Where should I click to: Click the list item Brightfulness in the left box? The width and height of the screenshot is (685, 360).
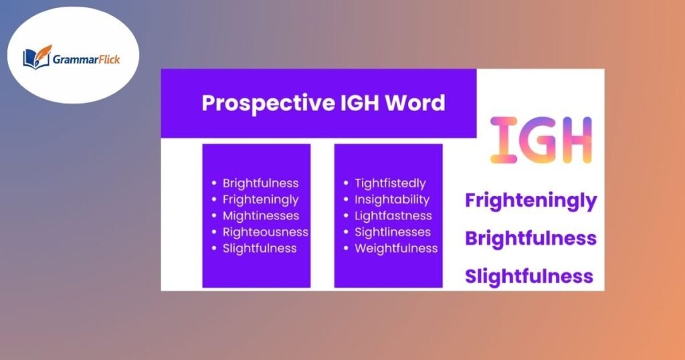pyautogui.click(x=260, y=183)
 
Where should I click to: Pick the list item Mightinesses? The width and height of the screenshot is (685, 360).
pyautogui.click(x=260, y=215)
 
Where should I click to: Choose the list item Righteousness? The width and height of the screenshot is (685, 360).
pyautogui.click(x=265, y=232)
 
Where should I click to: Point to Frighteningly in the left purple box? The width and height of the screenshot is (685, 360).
pyautogui.click(x=260, y=199)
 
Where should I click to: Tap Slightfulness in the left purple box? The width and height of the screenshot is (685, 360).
pyautogui.click(x=260, y=248)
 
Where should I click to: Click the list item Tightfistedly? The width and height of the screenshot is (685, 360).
pyautogui.click(x=390, y=183)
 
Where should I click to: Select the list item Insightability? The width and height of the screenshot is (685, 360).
pyautogui.click(x=392, y=199)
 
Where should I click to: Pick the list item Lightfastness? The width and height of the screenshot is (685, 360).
pyautogui.click(x=393, y=215)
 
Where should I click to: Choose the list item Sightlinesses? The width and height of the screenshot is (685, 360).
pyautogui.click(x=393, y=232)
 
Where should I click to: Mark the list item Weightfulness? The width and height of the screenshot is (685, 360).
pyautogui.click(x=396, y=248)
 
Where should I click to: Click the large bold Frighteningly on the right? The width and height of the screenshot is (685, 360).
pyautogui.click(x=530, y=200)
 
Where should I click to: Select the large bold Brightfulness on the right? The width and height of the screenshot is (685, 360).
pyautogui.click(x=530, y=238)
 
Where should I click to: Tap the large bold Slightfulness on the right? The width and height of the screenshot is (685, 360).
pyautogui.click(x=529, y=276)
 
